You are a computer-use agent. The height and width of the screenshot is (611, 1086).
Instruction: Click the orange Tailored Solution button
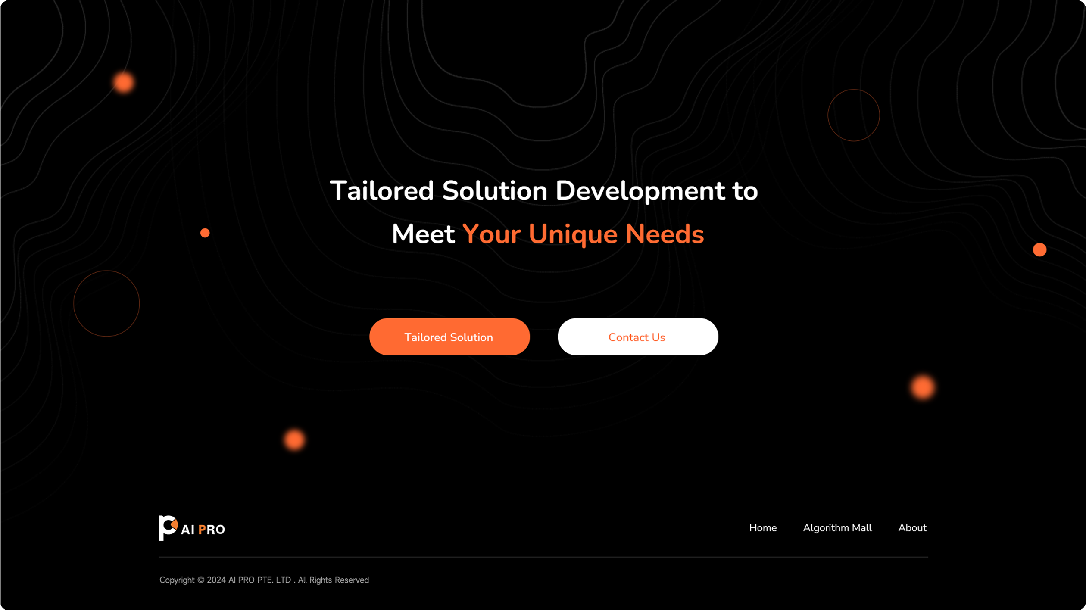449,337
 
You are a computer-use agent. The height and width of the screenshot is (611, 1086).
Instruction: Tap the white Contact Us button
638,337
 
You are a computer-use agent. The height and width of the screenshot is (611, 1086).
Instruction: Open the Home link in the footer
763,528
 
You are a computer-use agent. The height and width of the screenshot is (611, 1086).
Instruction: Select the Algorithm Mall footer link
837,528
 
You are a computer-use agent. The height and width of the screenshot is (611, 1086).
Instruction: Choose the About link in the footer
912,528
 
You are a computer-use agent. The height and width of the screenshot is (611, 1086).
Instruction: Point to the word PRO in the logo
212,530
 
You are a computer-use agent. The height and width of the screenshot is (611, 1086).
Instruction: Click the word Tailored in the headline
382,191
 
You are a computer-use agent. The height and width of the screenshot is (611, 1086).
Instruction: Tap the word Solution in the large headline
495,191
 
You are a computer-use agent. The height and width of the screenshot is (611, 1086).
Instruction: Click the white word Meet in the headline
423,234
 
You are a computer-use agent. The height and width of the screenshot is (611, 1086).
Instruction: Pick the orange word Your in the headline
492,234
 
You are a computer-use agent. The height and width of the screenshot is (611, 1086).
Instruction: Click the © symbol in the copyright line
201,580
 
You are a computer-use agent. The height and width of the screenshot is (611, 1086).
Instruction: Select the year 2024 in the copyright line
216,580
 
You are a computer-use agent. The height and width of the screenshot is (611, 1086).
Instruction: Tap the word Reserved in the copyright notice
352,580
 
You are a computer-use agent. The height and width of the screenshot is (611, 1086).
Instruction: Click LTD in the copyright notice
283,580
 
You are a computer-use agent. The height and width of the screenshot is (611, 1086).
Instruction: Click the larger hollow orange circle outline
74,303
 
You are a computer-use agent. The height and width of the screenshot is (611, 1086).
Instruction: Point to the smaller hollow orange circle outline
828,115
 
